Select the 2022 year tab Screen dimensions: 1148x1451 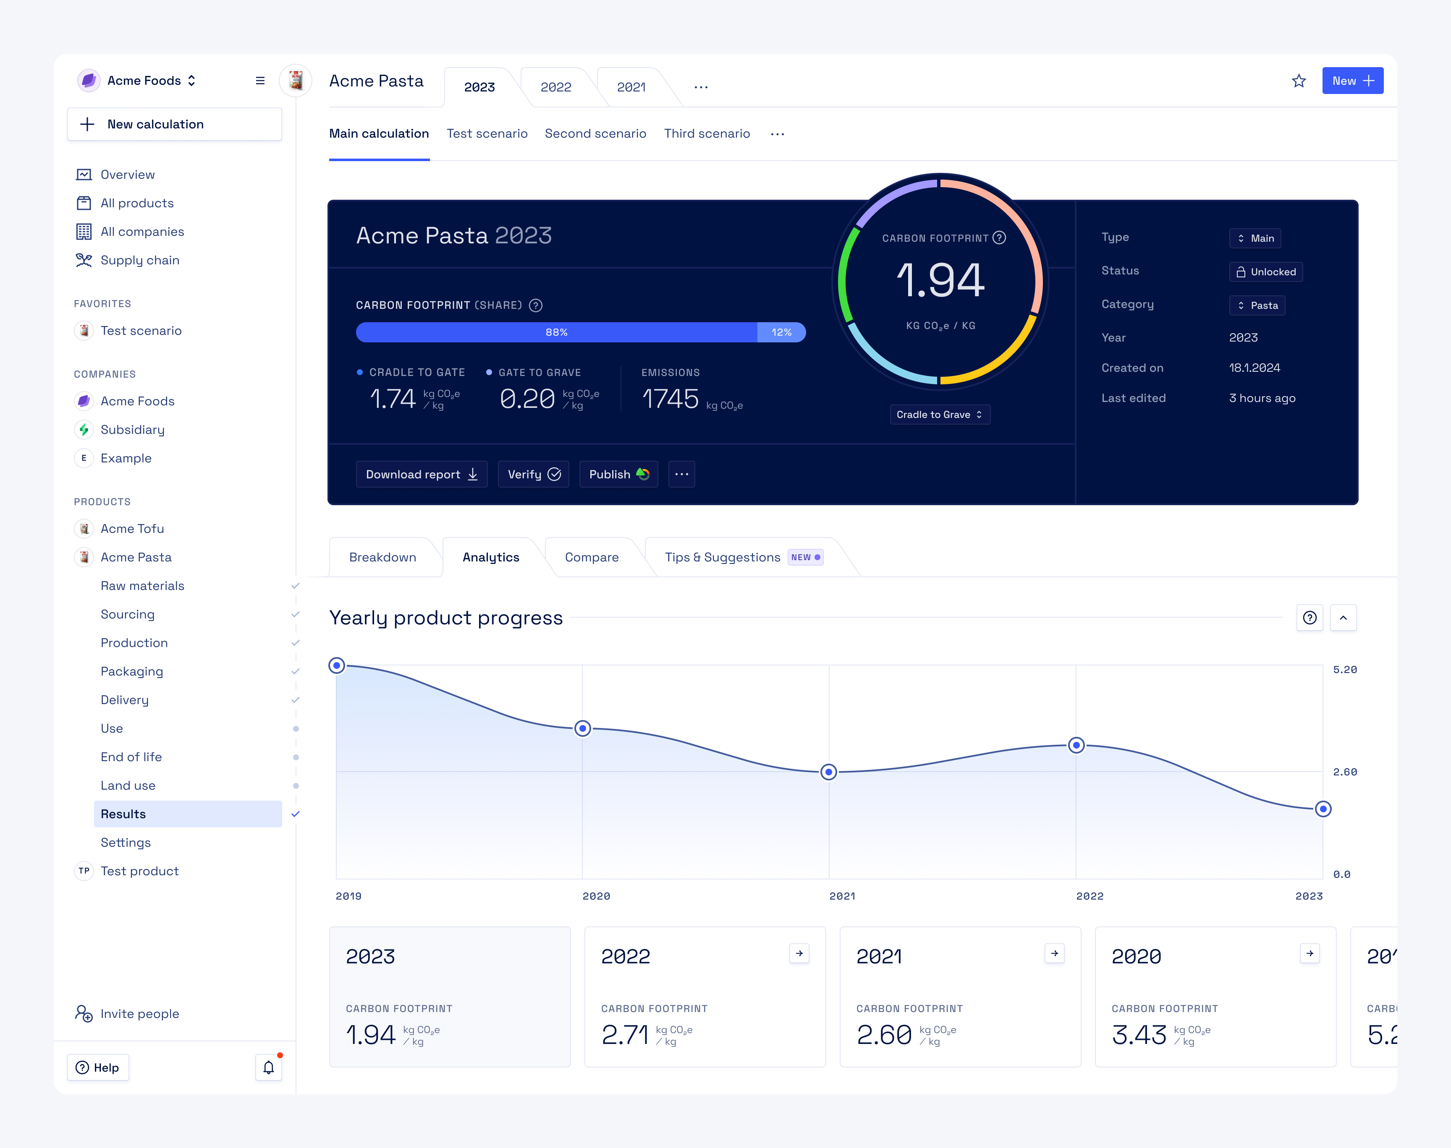(x=555, y=87)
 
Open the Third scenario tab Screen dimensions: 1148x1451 (x=707, y=133)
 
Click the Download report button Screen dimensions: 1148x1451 (x=422, y=474)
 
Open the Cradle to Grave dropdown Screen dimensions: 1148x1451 (x=939, y=414)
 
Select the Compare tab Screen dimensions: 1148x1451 (x=591, y=557)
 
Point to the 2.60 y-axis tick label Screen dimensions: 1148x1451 (x=1345, y=772)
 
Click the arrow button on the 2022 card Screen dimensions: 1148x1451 (x=799, y=953)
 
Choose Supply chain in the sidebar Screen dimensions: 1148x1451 (x=139, y=260)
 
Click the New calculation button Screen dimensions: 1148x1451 (x=174, y=124)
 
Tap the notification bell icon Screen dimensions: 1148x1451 (x=268, y=1067)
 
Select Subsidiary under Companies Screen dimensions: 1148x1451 (x=132, y=430)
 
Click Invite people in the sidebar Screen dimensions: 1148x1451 (x=139, y=1014)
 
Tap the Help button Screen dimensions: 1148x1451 (x=98, y=1067)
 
